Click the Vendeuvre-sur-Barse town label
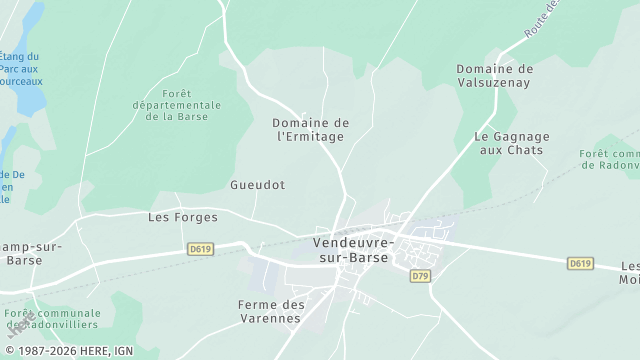355,250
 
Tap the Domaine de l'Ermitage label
309,129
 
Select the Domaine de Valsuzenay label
495,75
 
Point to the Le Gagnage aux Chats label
509,143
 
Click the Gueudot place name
257,185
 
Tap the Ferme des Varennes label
269,311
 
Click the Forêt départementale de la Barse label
177,105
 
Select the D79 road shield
420,275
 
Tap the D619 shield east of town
580,263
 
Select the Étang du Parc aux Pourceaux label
20,69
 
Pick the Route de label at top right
540,20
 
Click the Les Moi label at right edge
629,273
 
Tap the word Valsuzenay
495,82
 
